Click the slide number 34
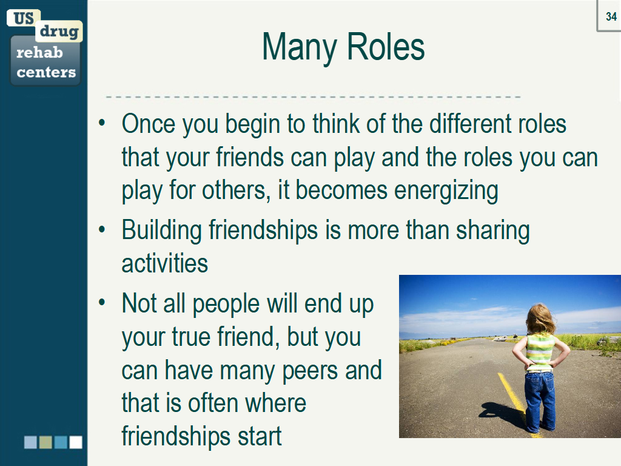tap(611, 16)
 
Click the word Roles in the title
tap(386, 47)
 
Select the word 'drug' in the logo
tap(59, 32)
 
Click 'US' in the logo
tap(24, 18)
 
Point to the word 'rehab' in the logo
tap(39, 52)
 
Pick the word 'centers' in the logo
tap(46, 72)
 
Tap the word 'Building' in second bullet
tap(162, 231)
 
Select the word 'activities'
tap(165, 263)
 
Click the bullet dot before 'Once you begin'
tap(102, 123)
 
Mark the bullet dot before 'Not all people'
tap(102, 303)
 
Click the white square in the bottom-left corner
tap(76, 442)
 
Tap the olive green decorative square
tap(45, 442)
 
